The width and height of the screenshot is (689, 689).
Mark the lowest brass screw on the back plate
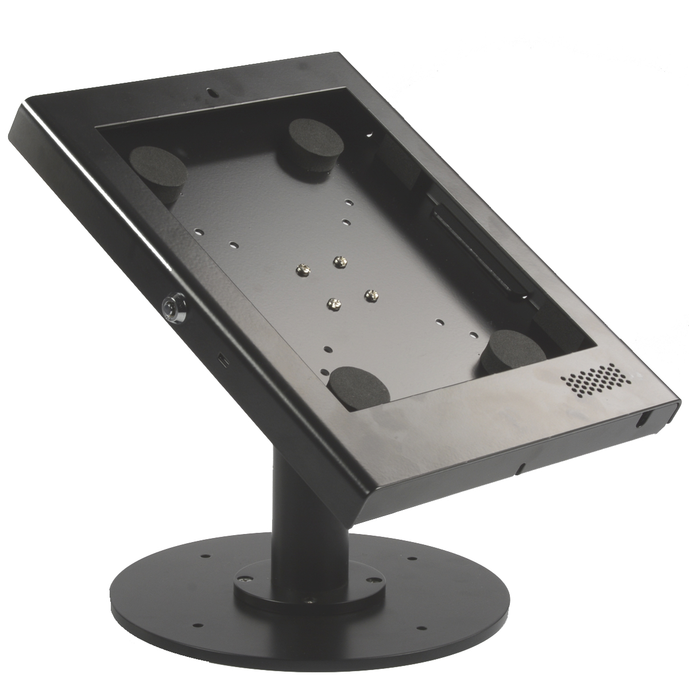tap(331, 301)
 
